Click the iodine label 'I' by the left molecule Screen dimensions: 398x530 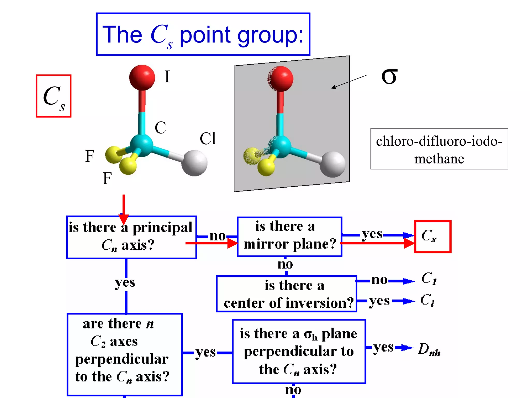(x=167, y=77)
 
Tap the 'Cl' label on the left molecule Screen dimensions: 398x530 (x=208, y=138)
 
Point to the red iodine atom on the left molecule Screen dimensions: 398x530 (x=142, y=77)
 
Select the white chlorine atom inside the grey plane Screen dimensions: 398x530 (x=332, y=164)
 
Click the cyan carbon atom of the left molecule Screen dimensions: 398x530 (x=141, y=145)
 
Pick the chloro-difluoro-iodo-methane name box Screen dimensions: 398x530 (x=439, y=149)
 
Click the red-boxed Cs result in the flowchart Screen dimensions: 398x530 (x=432, y=236)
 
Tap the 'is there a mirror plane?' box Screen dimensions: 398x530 (x=289, y=236)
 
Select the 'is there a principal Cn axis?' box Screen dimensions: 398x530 (x=131, y=237)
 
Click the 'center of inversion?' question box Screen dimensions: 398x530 (x=286, y=294)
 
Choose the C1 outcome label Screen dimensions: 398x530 (x=429, y=279)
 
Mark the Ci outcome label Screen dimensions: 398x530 (x=427, y=300)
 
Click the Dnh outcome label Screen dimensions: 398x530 (x=429, y=349)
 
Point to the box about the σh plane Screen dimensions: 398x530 (x=299, y=351)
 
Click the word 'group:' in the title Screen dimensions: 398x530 (x=270, y=36)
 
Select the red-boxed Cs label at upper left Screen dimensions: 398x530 (x=54, y=96)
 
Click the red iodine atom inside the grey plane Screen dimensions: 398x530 (x=281, y=79)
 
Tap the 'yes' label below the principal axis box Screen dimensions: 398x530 (x=125, y=283)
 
